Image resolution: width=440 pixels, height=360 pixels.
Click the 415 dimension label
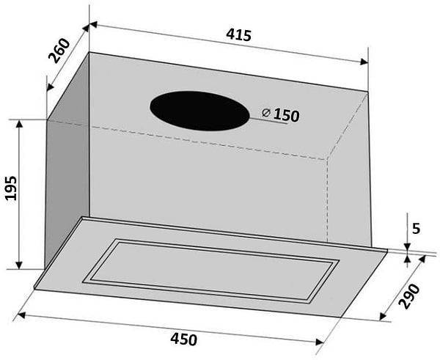coord(239,35)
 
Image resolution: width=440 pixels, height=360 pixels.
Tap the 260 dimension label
coord(59,51)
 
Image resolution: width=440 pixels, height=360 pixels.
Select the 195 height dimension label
coord(11,188)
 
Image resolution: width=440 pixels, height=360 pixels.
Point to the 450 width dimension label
coord(184,339)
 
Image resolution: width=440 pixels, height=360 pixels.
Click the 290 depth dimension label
coord(410,296)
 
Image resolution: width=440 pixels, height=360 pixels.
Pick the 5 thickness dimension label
coord(416,229)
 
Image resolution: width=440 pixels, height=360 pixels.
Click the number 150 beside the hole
coord(286,115)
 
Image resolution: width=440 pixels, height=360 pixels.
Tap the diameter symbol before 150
coord(265,113)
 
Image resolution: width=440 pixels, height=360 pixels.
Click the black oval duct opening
coord(199,111)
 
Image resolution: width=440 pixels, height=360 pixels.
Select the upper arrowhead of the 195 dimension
coord(19,123)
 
